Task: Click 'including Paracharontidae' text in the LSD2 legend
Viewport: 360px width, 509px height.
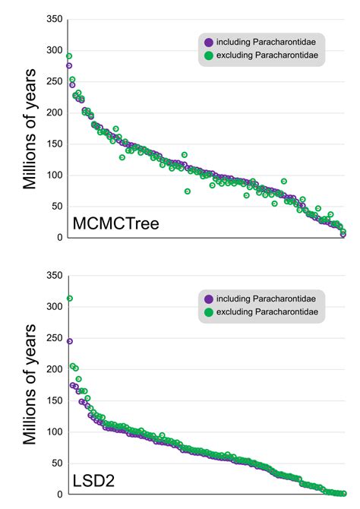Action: pyautogui.click(x=263, y=299)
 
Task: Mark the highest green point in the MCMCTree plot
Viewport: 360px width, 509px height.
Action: pyautogui.click(x=69, y=56)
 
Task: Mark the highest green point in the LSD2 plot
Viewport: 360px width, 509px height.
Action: pyautogui.click(x=69, y=299)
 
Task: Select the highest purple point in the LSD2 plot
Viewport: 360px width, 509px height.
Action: pyautogui.click(x=69, y=341)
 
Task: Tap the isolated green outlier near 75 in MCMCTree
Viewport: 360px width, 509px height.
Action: pyautogui.click(x=188, y=191)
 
